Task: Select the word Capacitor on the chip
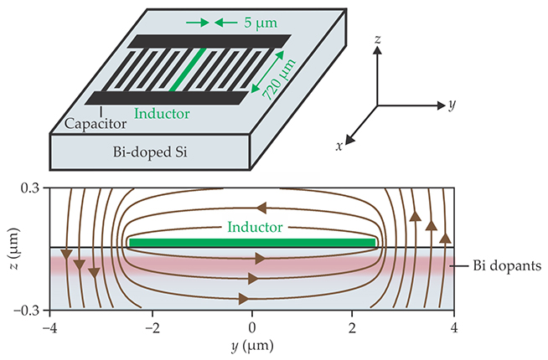(x=96, y=123)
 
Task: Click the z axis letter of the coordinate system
(x=378, y=39)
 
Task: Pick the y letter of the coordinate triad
(x=451, y=105)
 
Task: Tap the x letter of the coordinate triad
(x=340, y=146)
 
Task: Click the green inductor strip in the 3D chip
(x=185, y=69)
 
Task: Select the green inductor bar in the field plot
(x=252, y=243)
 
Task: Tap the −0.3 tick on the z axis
(x=27, y=311)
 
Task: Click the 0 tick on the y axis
(x=252, y=327)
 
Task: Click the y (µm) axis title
(x=252, y=345)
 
